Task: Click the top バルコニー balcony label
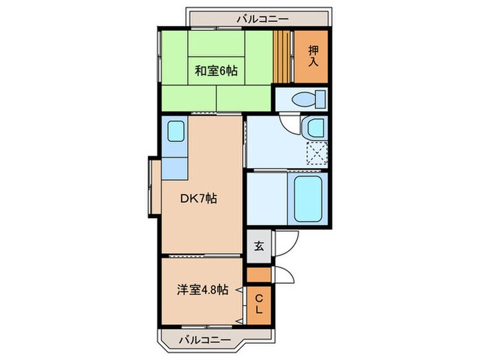click(x=263, y=19)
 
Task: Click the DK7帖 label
click(x=200, y=198)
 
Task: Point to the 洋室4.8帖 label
click(x=200, y=289)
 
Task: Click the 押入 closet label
click(x=313, y=56)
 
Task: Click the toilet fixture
click(x=304, y=99)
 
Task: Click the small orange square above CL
click(x=259, y=275)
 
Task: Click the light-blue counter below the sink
click(x=176, y=167)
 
